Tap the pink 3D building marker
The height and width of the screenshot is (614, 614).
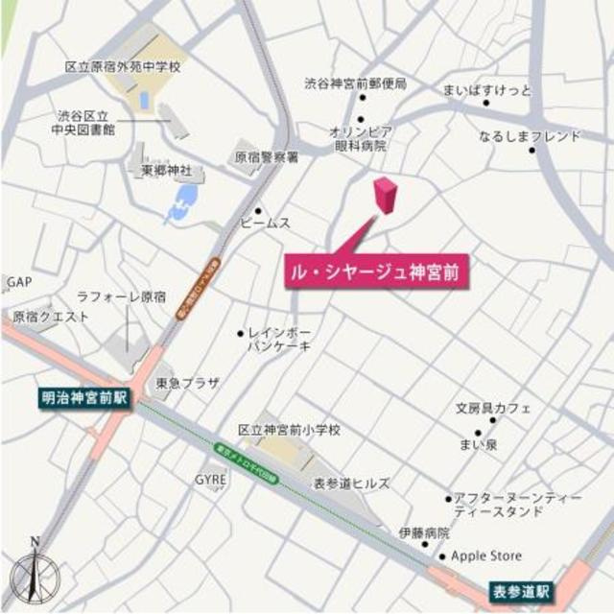coord(385,196)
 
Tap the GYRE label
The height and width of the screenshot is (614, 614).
coord(211,478)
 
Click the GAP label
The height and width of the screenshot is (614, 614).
coord(19,283)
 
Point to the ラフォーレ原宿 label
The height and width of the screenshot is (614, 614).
coord(122,296)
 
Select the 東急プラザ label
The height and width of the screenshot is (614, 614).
coord(187,382)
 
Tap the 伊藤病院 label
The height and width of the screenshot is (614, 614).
coord(424,531)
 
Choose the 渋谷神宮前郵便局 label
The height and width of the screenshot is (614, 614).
coord(356,84)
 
